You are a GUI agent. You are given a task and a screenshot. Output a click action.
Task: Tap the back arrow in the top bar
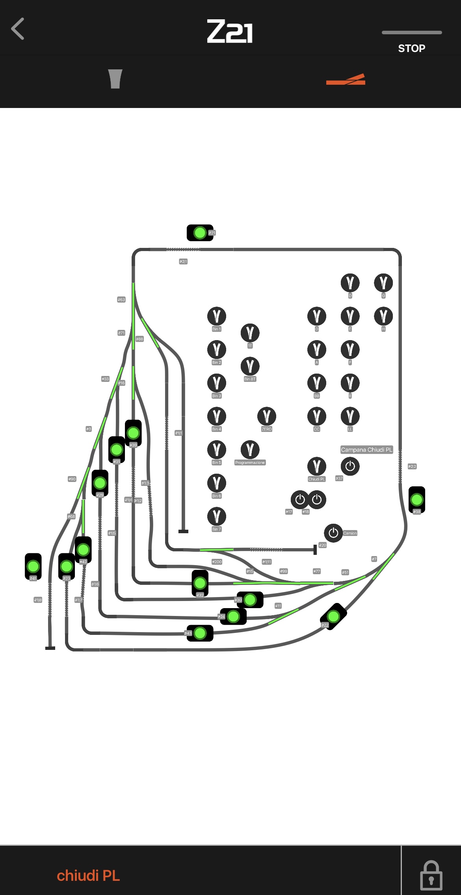(x=18, y=29)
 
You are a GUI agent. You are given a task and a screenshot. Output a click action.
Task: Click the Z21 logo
(x=230, y=32)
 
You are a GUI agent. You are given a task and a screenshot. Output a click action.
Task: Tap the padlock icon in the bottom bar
(x=431, y=875)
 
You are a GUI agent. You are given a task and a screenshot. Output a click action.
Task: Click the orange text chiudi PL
(x=88, y=876)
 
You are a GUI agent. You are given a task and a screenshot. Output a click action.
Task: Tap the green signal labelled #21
(x=200, y=233)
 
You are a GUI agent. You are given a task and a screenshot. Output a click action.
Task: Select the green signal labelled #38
(x=416, y=499)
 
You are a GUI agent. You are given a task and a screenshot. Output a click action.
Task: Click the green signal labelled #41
(x=33, y=566)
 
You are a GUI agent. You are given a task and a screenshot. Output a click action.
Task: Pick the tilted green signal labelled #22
(x=333, y=616)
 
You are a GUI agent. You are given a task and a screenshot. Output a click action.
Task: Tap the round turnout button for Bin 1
(x=216, y=316)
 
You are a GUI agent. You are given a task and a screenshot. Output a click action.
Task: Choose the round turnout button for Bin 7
(x=216, y=516)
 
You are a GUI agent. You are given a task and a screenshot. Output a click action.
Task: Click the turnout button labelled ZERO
(x=266, y=416)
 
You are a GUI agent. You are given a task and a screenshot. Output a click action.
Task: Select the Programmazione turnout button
(x=250, y=449)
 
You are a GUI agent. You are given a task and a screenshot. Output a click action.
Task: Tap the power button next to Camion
(x=333, y=533)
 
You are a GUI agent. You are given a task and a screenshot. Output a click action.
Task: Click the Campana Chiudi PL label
(x=366, y=450)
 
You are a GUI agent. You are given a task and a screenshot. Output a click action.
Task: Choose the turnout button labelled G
(x=383, y=283)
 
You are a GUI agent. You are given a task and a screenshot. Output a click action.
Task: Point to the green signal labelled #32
(x=200, y=582)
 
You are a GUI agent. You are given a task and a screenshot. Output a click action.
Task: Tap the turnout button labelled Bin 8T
(x=250, y=366)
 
